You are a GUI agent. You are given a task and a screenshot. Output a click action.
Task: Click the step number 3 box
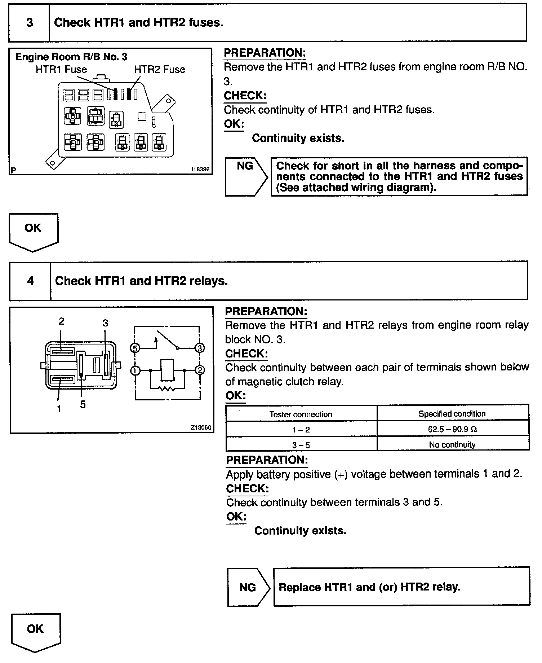click(29, 23)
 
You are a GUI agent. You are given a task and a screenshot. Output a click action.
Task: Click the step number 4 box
click(30, 281)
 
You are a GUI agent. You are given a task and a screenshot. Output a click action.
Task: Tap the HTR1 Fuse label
click(61, 69)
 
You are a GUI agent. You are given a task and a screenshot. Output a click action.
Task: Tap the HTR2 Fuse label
click(159, 69)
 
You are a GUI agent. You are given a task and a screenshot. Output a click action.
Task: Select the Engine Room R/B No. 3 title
click(71, 57)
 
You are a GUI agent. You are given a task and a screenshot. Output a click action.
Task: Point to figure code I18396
click(200, 169)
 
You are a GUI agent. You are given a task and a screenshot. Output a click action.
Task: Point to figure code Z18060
click(201, 427)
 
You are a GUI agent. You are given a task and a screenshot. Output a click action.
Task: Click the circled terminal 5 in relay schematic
click(134, 348)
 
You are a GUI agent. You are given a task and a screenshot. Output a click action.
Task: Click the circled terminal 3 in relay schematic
click(199, 348)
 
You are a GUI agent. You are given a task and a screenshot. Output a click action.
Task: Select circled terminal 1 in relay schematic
click(135, 370)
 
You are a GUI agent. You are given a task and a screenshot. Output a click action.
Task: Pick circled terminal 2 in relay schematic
click(200, 370)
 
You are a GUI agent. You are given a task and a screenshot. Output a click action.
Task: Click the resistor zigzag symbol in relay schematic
click(167, 388)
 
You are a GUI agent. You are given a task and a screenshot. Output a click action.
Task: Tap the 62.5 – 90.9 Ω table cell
click(453, 429)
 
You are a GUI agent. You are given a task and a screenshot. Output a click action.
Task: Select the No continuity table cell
click(453, 444)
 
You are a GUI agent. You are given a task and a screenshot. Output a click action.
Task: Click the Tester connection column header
click(301, 414)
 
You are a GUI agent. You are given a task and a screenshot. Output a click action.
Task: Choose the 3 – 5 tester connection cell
click(301, 445)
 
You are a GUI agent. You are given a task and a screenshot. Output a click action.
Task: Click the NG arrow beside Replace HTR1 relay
click(248, 587)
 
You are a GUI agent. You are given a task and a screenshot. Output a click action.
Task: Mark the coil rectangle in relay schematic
click(167, 370)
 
